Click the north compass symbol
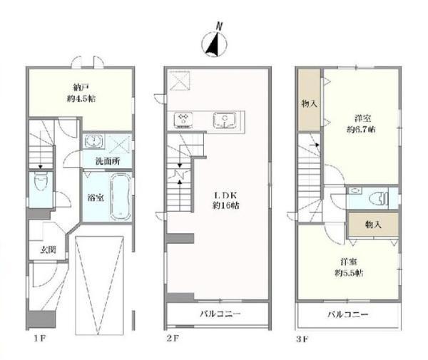point(215,41)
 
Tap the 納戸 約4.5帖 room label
point(81,93)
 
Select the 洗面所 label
point(107,161)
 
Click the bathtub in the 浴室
point(121,196)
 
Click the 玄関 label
point(49,250)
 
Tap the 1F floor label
point(40,339)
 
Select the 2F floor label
point(173,339)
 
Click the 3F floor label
point(302,339)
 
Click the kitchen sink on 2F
point(225,120)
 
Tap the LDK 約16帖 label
point(225,200)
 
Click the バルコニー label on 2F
point(220,314)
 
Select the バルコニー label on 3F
point(348,314)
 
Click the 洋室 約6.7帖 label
point(361,124)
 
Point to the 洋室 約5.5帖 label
point(349,267)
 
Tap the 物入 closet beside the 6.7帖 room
point(309,100)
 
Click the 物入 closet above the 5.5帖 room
point(373,225)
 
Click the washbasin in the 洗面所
point(93,141)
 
